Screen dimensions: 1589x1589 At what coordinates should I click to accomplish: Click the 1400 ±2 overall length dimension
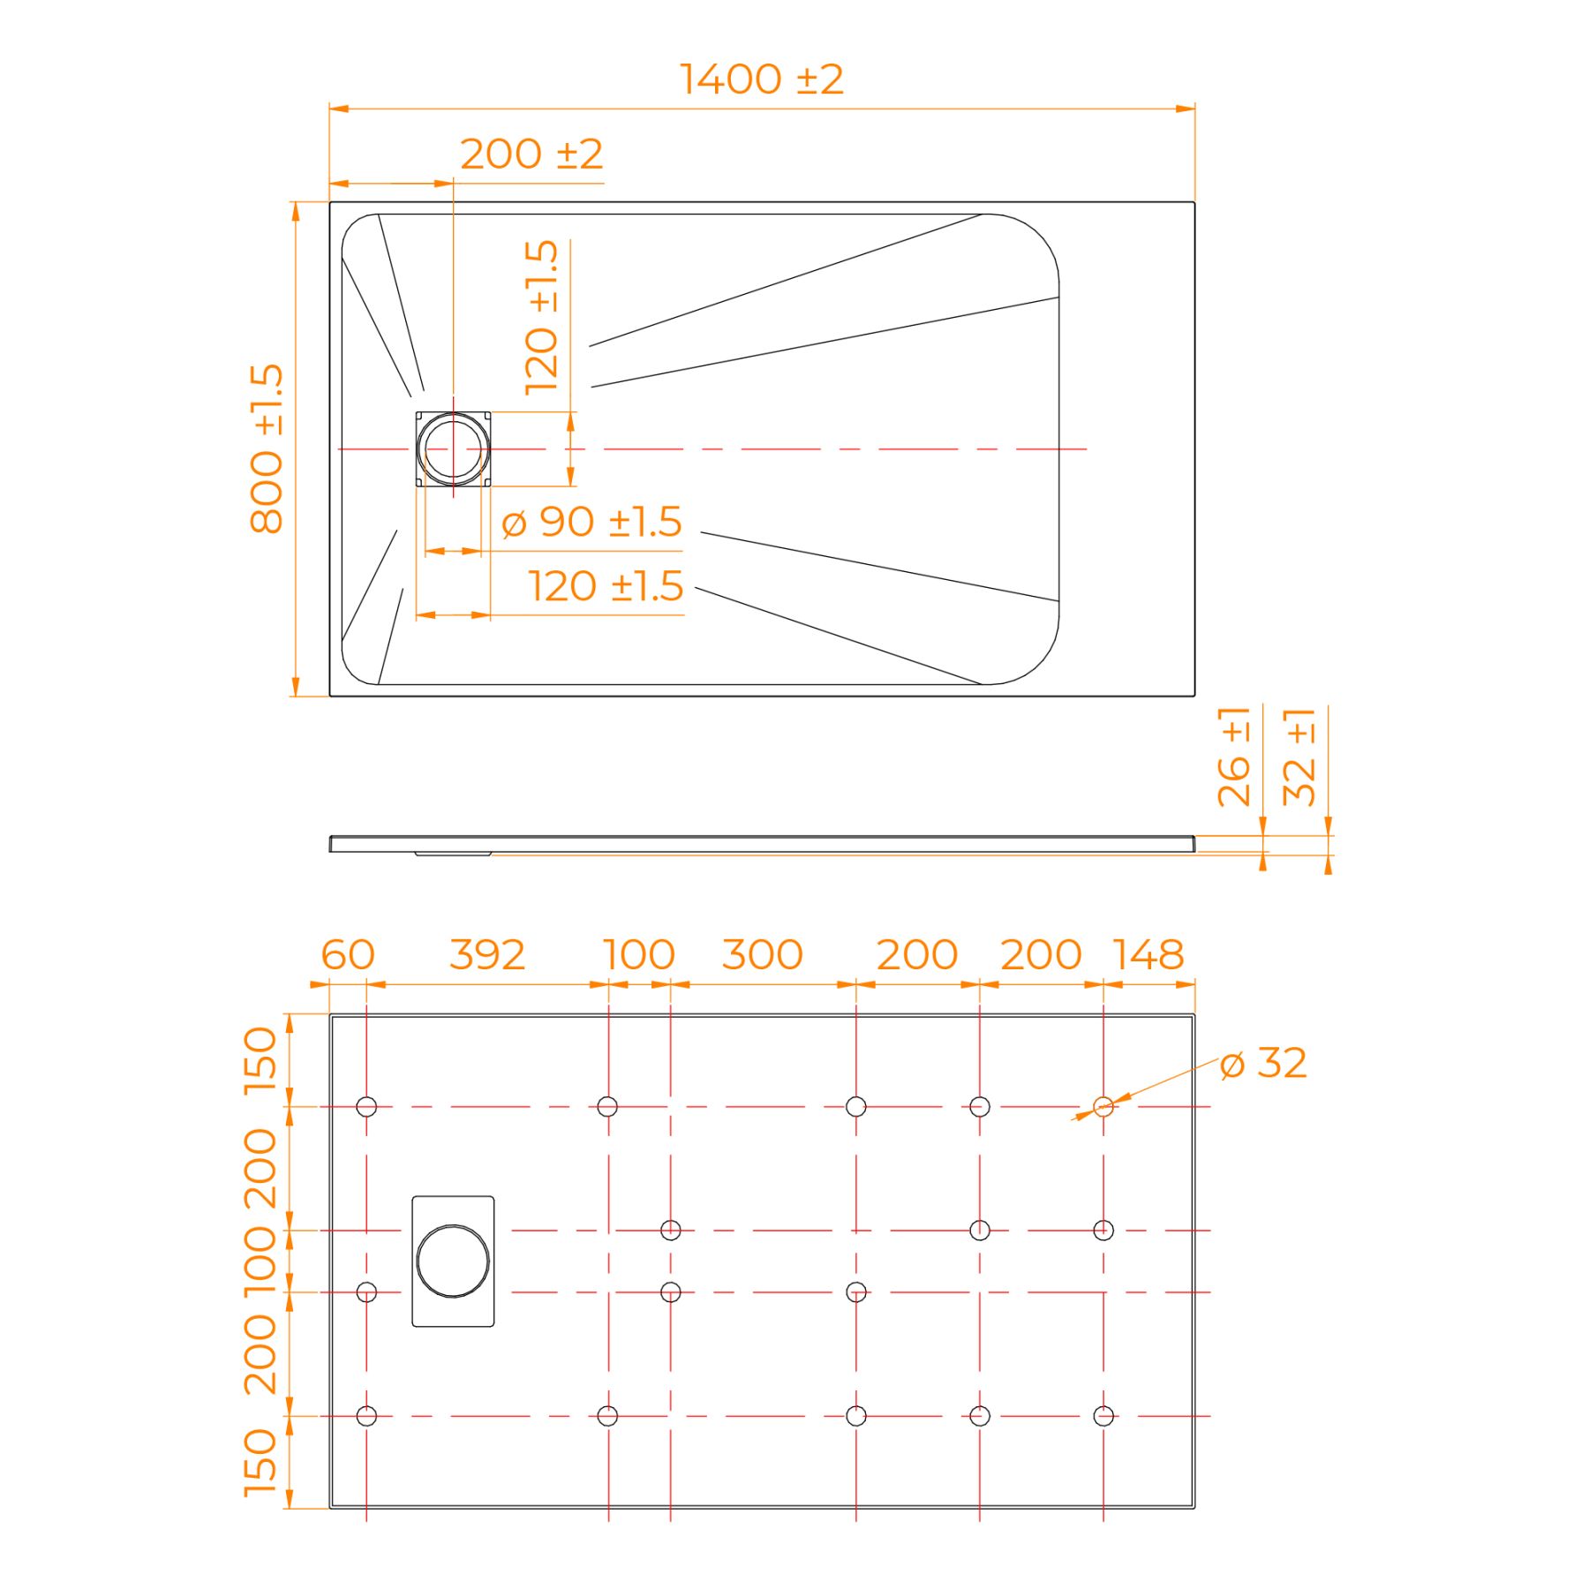(x=761, y=79)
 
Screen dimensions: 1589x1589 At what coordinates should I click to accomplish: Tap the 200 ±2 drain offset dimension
(x=531, y=154)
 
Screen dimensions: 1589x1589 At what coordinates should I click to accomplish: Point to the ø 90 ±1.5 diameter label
(x=591, y=522)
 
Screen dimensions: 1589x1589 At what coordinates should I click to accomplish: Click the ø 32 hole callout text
(x=1263, y=1063)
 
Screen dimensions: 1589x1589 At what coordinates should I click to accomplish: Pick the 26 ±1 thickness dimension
(x=1234, y=757)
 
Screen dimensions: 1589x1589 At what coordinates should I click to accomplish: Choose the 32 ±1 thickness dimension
(x=1299, y=757)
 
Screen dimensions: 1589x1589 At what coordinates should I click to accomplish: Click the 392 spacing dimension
(x=487, y=954)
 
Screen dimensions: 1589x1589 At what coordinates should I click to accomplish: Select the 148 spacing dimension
(x=1148, y=954)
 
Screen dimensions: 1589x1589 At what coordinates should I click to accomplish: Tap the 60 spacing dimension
(x=348, y=954)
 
